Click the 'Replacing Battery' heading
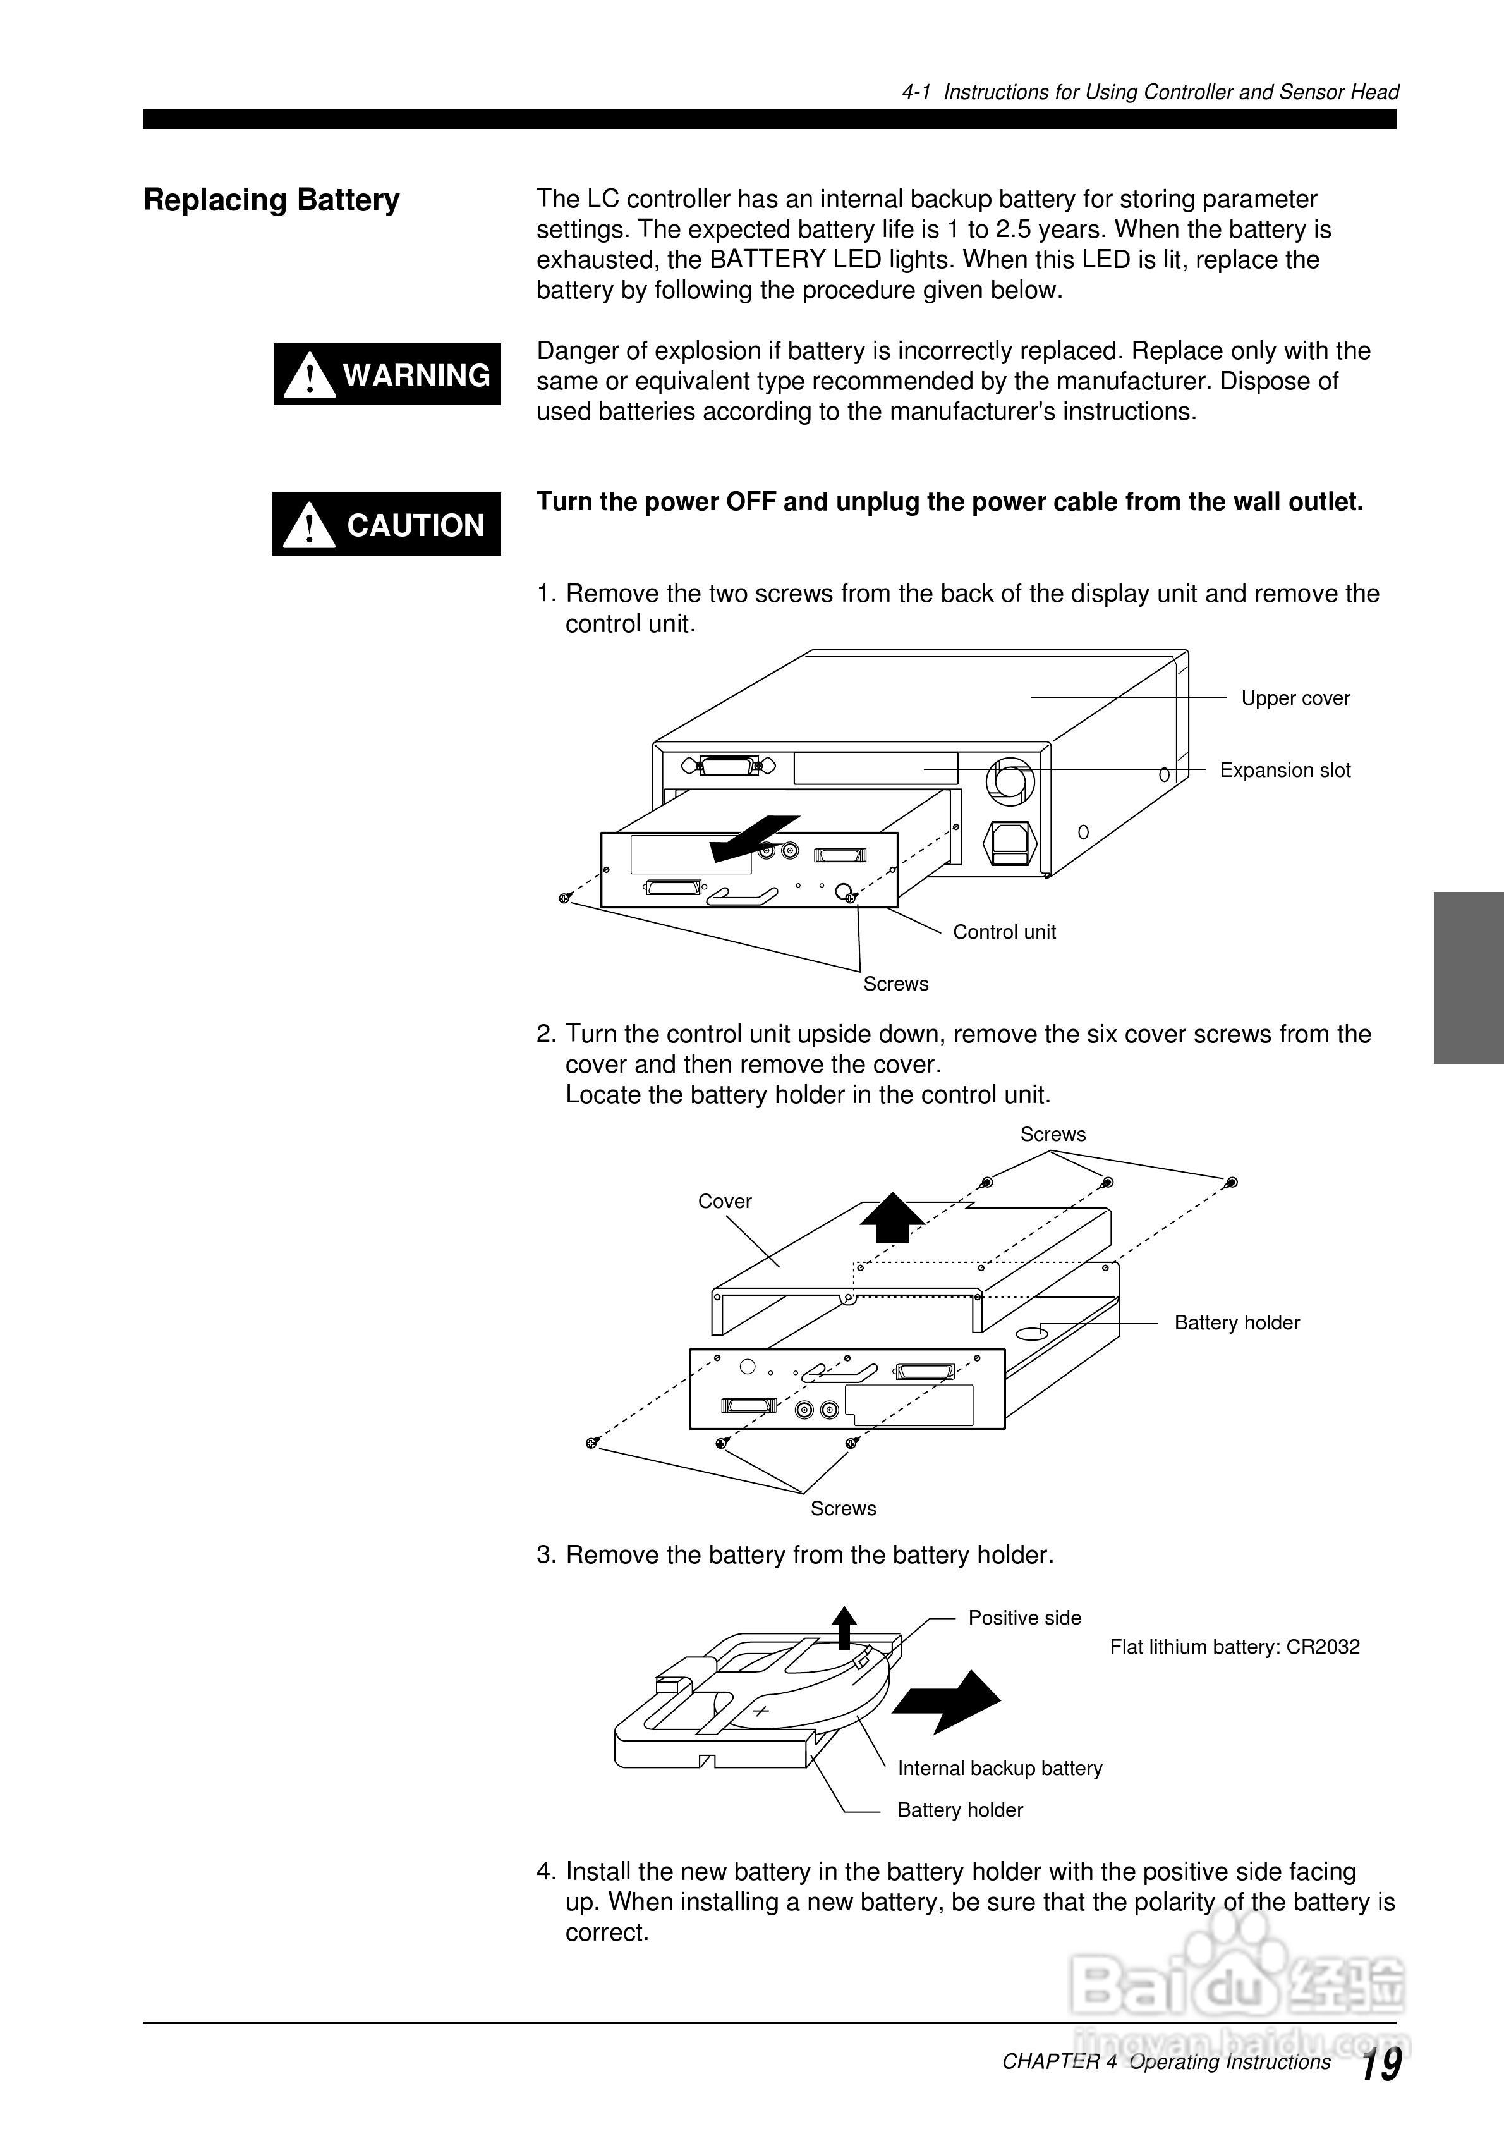(270, 200)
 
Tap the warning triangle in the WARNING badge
(310, 375)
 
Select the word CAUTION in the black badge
(415, 526)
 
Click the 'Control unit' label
(1004, 932)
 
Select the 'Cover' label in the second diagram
(724, 1202)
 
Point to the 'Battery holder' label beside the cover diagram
(1236, 1323)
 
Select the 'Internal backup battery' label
(1000, 1768)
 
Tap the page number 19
(1381, 2066)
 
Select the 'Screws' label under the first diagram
(895, 984)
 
